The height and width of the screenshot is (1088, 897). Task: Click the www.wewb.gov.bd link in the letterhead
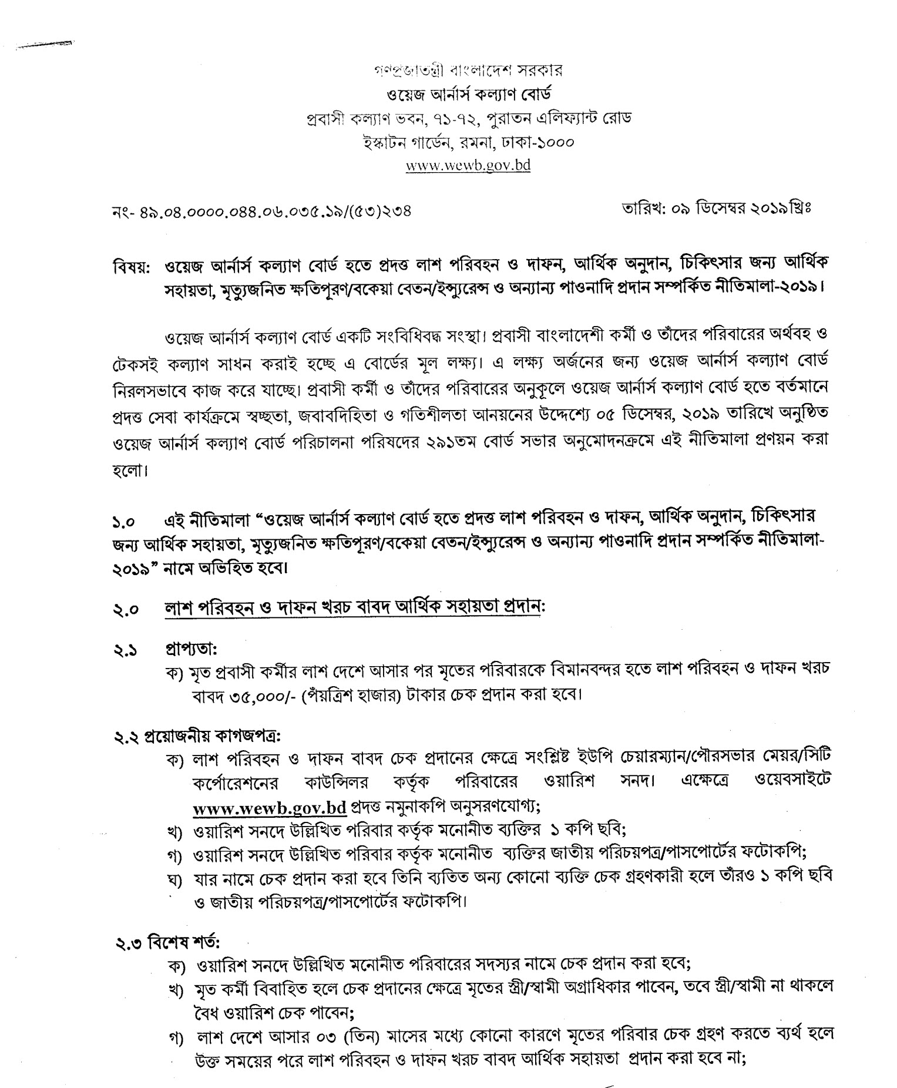pos(468,165)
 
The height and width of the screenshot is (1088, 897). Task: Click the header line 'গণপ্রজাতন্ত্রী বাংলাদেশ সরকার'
pos(468,70)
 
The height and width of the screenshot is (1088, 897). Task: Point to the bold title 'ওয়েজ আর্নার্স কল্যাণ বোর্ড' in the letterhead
pos(468,94)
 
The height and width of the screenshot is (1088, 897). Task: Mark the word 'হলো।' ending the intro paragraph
pos(131,471)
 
